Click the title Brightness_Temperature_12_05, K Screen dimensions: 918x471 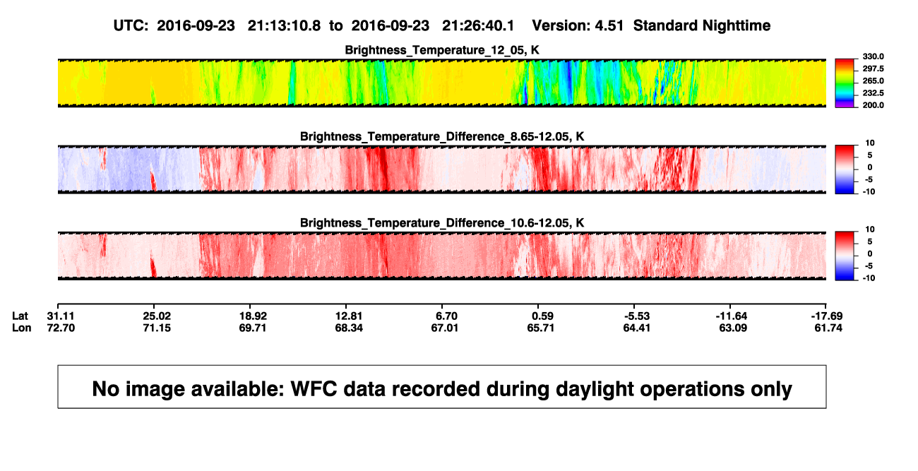pos(442,50)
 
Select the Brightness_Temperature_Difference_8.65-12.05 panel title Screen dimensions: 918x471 pos(442,136)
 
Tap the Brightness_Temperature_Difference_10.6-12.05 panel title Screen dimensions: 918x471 pos(442,223)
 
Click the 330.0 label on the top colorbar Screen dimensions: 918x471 pos(873,56)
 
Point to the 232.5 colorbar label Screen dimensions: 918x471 pos(873,93)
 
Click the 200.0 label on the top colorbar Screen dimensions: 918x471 pos(873,105)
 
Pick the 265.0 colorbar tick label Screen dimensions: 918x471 pos(873,81)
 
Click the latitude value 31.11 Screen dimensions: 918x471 pos(61,316)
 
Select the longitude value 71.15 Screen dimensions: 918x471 pos(157,328)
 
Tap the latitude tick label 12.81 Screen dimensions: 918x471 pos(349,316)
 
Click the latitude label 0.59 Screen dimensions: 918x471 pos(542,316)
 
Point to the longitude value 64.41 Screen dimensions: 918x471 pos(636,328)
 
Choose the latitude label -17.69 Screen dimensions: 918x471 pos(827,316)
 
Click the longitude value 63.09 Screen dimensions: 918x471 pos(733,328)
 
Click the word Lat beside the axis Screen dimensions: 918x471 pos(20,316)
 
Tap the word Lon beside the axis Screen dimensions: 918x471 pos(22,328)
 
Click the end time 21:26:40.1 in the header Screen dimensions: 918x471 pos(478,25)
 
